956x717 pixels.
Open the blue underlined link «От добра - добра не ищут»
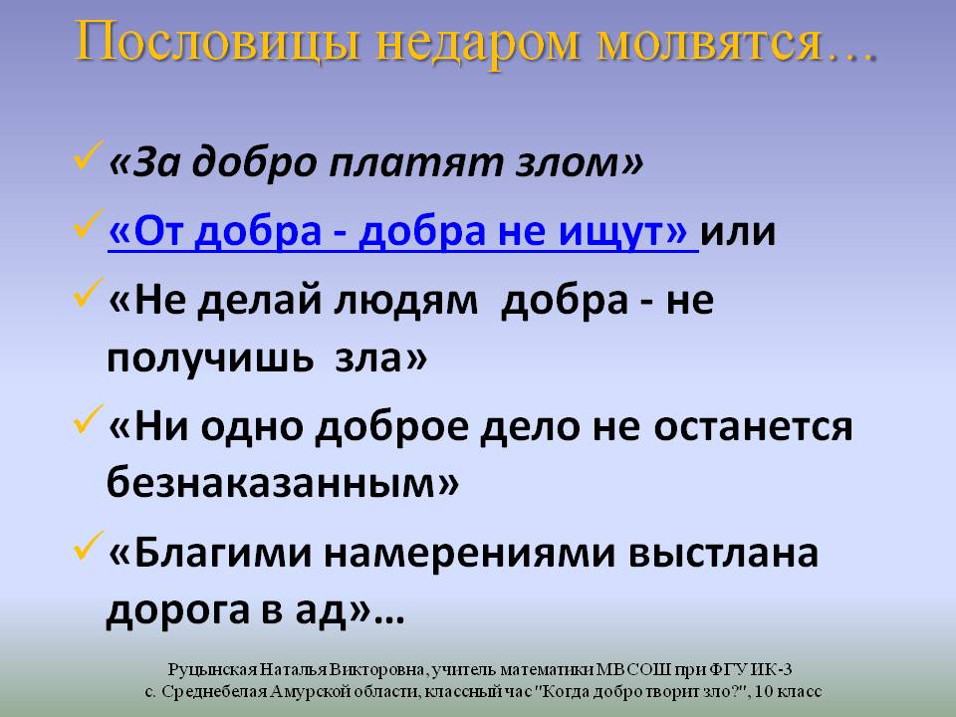coord(403,232)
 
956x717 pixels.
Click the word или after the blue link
coord(738,232)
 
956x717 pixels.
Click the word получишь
coord(210,358)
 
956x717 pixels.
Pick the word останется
coord(753,427)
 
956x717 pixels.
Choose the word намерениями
coord(469,554)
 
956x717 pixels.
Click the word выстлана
coord(723,554)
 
